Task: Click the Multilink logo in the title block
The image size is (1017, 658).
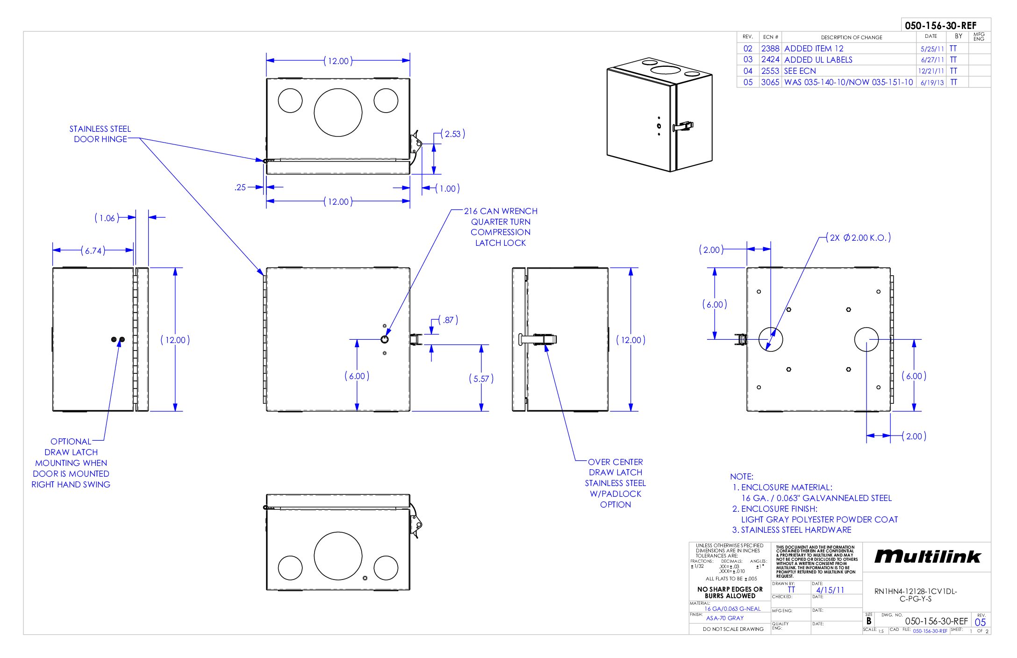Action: pos(927,556)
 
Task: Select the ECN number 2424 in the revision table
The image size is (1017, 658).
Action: pos(770,60)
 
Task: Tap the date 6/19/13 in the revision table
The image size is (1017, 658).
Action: pos(932,83)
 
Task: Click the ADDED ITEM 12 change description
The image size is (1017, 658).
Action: pos(814,49)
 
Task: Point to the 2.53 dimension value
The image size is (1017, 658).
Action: pos(452,134)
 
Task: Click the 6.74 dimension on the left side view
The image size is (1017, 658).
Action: pos(93,251)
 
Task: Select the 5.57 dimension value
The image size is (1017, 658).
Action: pos(481,379)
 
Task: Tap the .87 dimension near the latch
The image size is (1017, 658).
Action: pos(449,320)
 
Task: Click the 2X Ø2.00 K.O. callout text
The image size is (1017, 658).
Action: pos(859,238)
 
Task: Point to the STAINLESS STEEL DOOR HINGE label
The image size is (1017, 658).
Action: pos(100,134)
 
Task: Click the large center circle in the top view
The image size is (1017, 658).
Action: pos(338,112)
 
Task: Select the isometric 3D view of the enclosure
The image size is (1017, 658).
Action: pos(659,115)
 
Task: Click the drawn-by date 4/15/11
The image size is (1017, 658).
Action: pos(830,590)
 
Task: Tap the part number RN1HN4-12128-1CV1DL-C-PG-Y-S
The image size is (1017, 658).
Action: pos(916,595)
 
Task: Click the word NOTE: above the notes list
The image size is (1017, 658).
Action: pos(742,477)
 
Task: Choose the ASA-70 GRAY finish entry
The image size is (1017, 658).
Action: pos(724,618)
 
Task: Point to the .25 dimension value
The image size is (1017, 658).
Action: pos(240,187)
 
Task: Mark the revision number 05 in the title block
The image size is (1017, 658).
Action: pos(980,622)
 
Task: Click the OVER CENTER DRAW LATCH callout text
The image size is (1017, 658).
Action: pos(615,483)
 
